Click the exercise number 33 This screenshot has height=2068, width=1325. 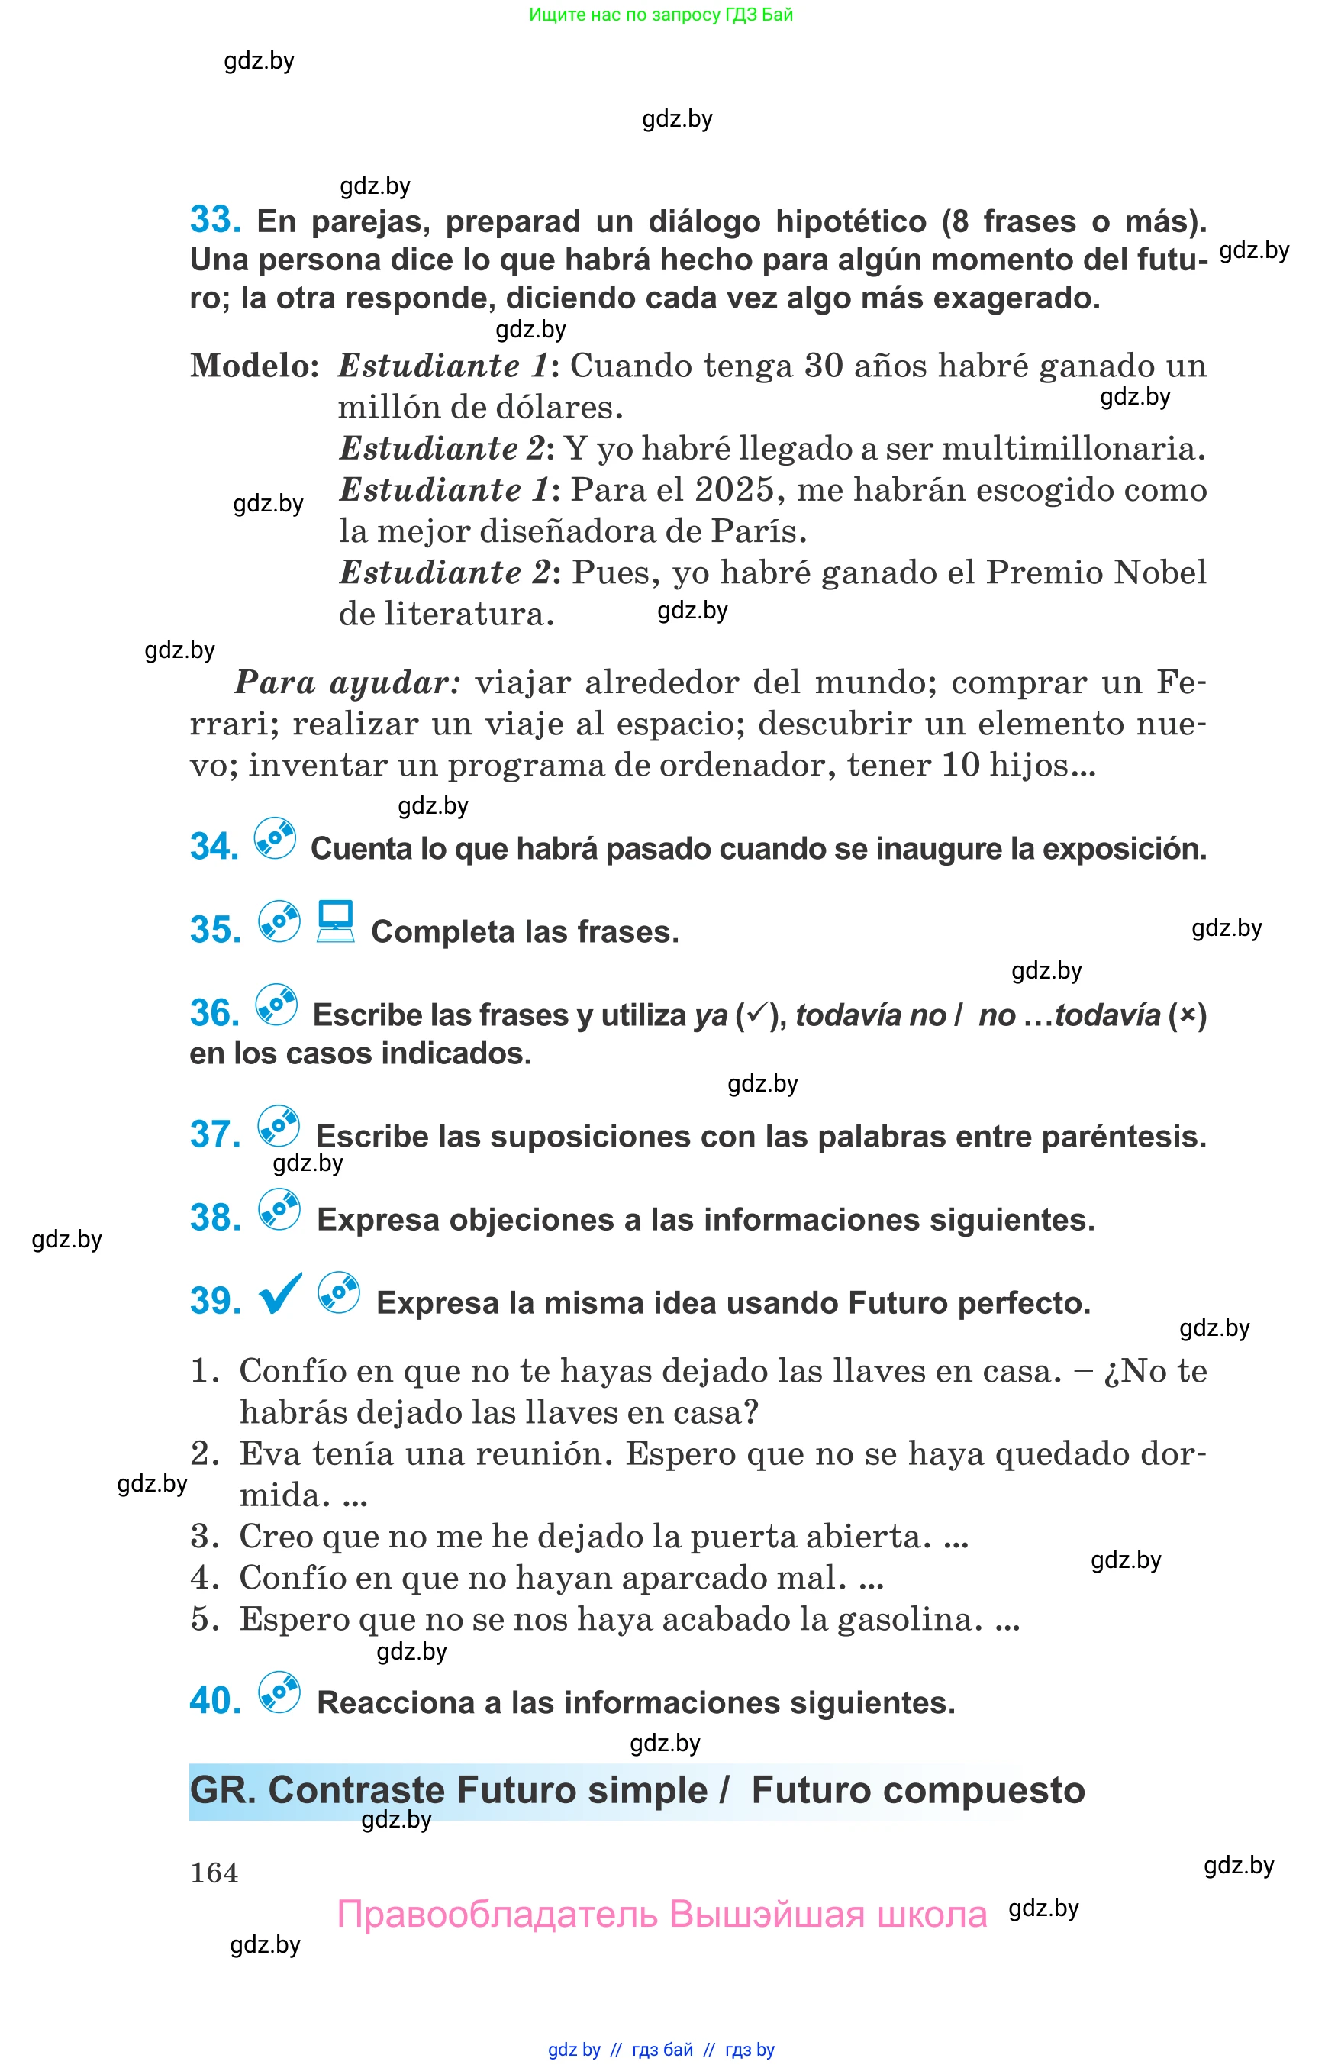[x=214, y=221]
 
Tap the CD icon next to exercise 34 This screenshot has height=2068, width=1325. [x=276, y=838]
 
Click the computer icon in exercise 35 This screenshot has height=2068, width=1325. [x=336, y=921]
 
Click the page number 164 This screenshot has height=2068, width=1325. [x=214, y=1873]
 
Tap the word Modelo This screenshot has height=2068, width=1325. [x=255, y=366]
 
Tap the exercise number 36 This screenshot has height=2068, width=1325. [x=214, y=1013]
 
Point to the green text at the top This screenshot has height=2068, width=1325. [x=661, y=15]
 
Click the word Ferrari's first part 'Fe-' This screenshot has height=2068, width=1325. [x=1181, y=682]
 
